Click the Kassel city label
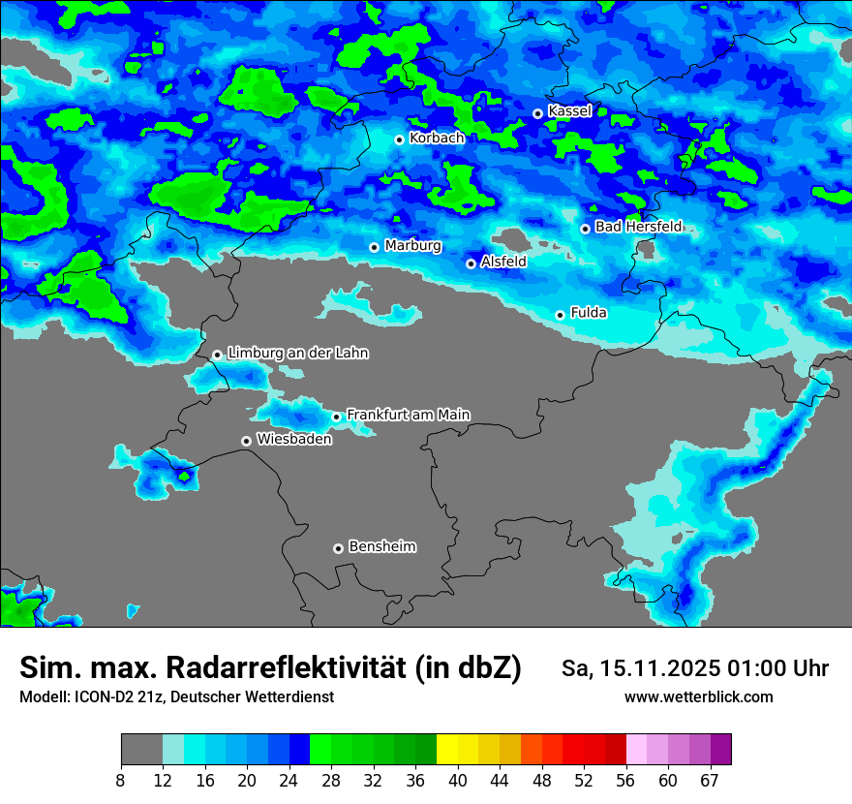569,111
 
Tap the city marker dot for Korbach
399,139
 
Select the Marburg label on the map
412,246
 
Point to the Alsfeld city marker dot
471,263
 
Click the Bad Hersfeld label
638,227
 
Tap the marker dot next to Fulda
560,315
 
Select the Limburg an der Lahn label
297,354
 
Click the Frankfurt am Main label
408,415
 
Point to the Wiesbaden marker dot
247,441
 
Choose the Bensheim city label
381,546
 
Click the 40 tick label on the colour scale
458,780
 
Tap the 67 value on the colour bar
710,780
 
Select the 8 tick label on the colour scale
121,780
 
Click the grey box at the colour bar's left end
141,750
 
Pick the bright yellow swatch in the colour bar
447,750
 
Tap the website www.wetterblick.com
698,696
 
